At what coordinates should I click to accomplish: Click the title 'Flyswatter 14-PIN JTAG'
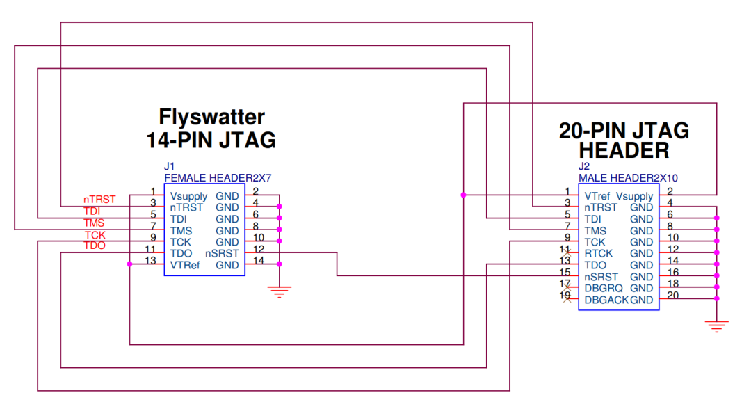click(x=211, y=128)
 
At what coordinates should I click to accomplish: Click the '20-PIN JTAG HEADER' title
click(x=624, y=140)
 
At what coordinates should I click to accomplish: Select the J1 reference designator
click(x=169, y=167)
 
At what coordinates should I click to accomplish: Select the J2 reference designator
click(x=583, y=167)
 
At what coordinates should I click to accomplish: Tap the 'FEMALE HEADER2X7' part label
click(x=208, y=178)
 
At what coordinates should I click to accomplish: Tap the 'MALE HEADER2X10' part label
click(x=628, y=178)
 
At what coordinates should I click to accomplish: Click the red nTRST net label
click(x=99, y=200)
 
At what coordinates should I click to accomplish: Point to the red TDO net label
click(x=95, y=246)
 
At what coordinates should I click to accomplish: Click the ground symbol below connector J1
click(x=280, y=292)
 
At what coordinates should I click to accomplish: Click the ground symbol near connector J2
click(x=716, y=325)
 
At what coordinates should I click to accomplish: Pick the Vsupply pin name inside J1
click(x=188, y=196)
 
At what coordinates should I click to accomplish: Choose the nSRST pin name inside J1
click(x=222, y=253)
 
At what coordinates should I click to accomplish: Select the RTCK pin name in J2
click(x=598, y=253)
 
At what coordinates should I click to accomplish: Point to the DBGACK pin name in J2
click(x=606, y=300)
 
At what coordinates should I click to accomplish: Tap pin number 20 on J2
click(x=673, y=295)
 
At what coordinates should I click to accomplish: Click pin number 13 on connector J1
click(x=150, y=260)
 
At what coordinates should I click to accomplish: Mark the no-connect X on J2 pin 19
click(x=568, y=300)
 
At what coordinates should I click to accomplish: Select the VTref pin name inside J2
click(x=597, y=196)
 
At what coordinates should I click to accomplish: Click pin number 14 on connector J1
click(x=259, y=260)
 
